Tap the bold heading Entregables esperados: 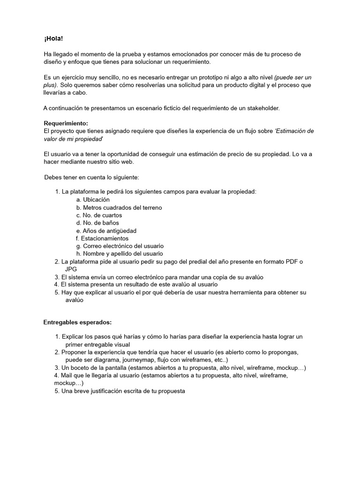77,322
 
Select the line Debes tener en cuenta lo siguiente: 91,177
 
